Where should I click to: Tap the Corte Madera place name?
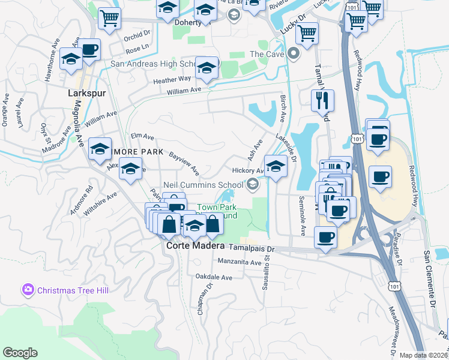[190, 245]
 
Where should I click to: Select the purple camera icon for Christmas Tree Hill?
[28, 290]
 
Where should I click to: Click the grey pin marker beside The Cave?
[294, 54]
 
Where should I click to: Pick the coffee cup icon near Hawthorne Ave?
[89, 51]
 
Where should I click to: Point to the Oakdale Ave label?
[214, 277]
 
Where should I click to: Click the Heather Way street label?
[172, 79]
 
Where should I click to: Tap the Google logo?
[20, 353]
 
